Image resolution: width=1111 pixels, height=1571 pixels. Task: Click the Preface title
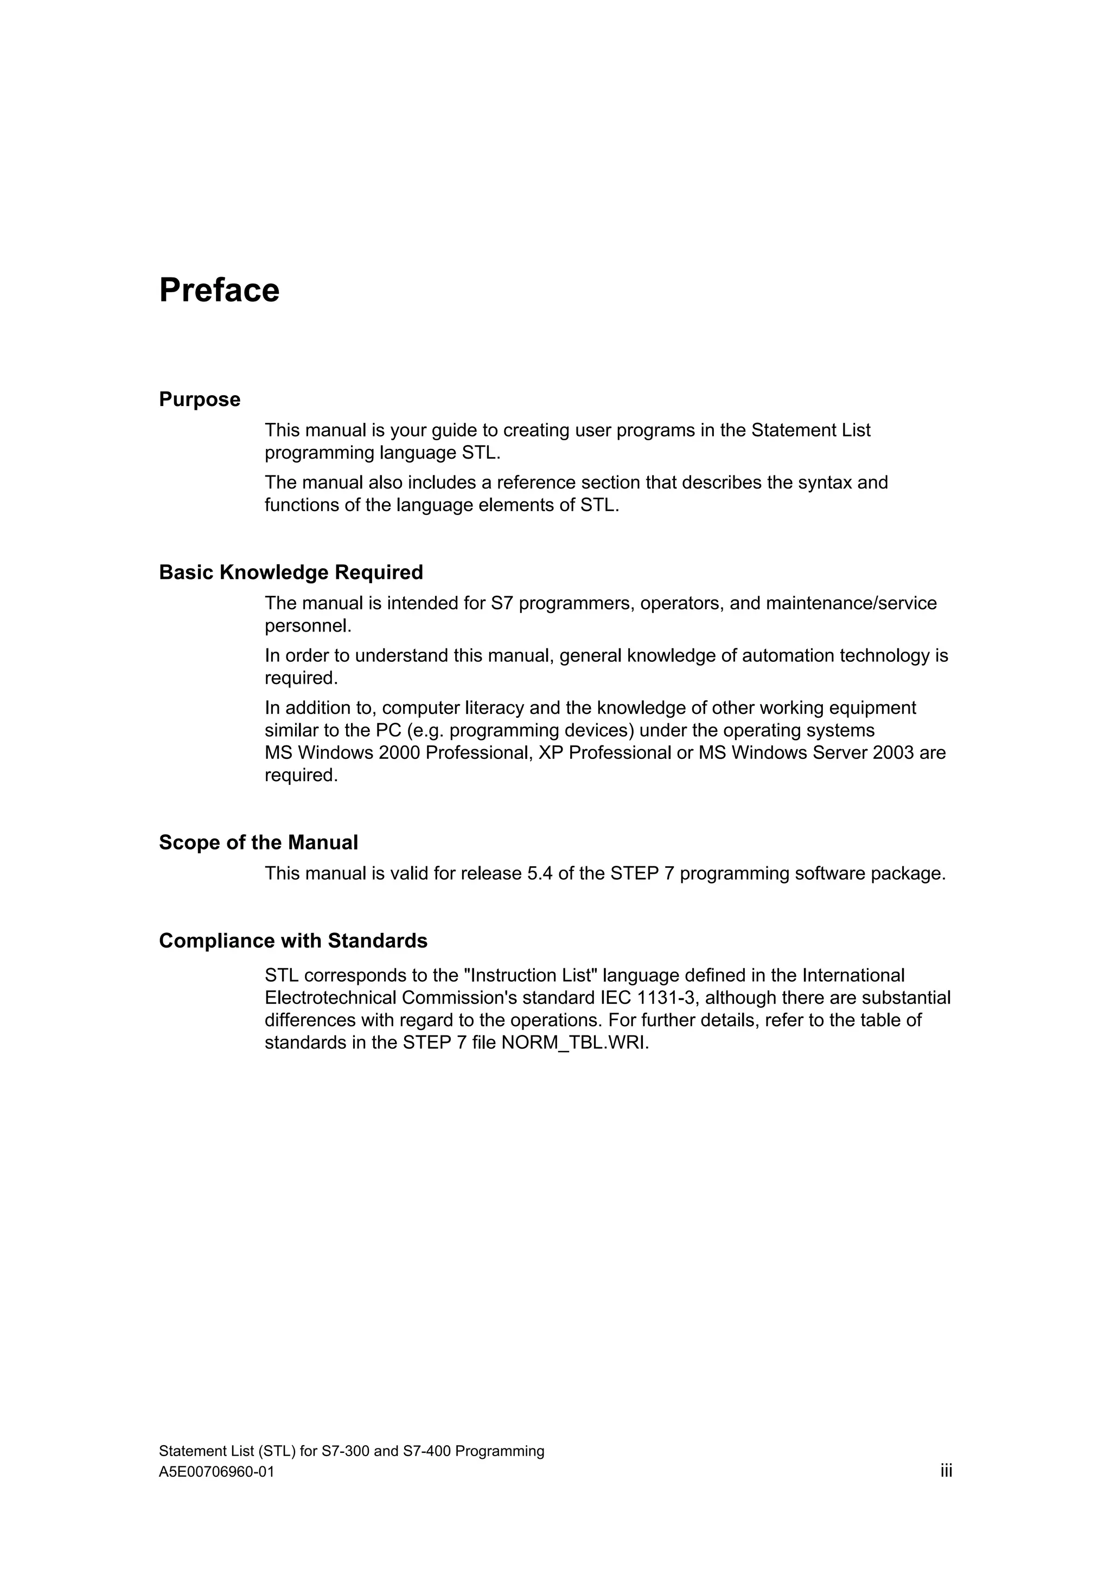[219, 290]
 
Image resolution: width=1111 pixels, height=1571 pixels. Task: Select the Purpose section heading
[199, 399]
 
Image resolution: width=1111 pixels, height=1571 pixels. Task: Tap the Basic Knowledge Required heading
[291, 572]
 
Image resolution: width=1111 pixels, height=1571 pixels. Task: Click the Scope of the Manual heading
[258, 842]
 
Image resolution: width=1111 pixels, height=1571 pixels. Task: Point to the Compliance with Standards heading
[293, 941]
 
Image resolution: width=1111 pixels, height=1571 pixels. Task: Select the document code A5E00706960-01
[216, 1472]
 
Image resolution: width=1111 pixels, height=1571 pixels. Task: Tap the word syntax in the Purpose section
[825, 482]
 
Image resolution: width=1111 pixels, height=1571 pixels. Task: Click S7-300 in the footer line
[346, 1451]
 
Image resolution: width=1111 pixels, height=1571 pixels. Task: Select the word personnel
[308, 626]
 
